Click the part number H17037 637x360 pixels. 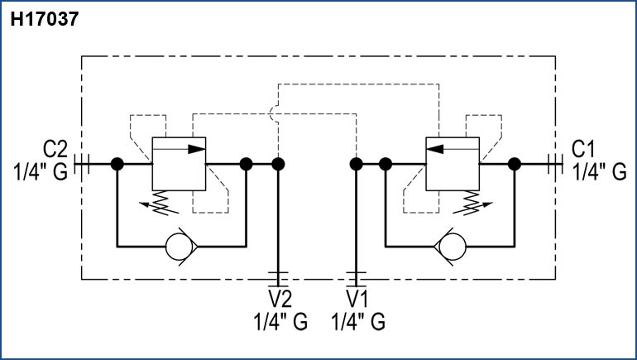click(44, 19)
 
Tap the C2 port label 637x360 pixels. click(55, 150)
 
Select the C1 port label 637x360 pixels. click(584, 150)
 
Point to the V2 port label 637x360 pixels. click(279, 299)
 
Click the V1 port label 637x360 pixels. click(357, 299)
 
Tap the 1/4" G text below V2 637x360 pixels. click(279, 321)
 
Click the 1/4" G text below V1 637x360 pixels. click(357, 321)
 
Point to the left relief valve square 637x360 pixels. click(179, 163)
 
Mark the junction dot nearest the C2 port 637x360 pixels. click(117, 164)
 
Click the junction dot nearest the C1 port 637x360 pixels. click(515, 164)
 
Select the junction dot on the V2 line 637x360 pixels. click(278, 164)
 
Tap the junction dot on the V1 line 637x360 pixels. click(356, 164)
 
